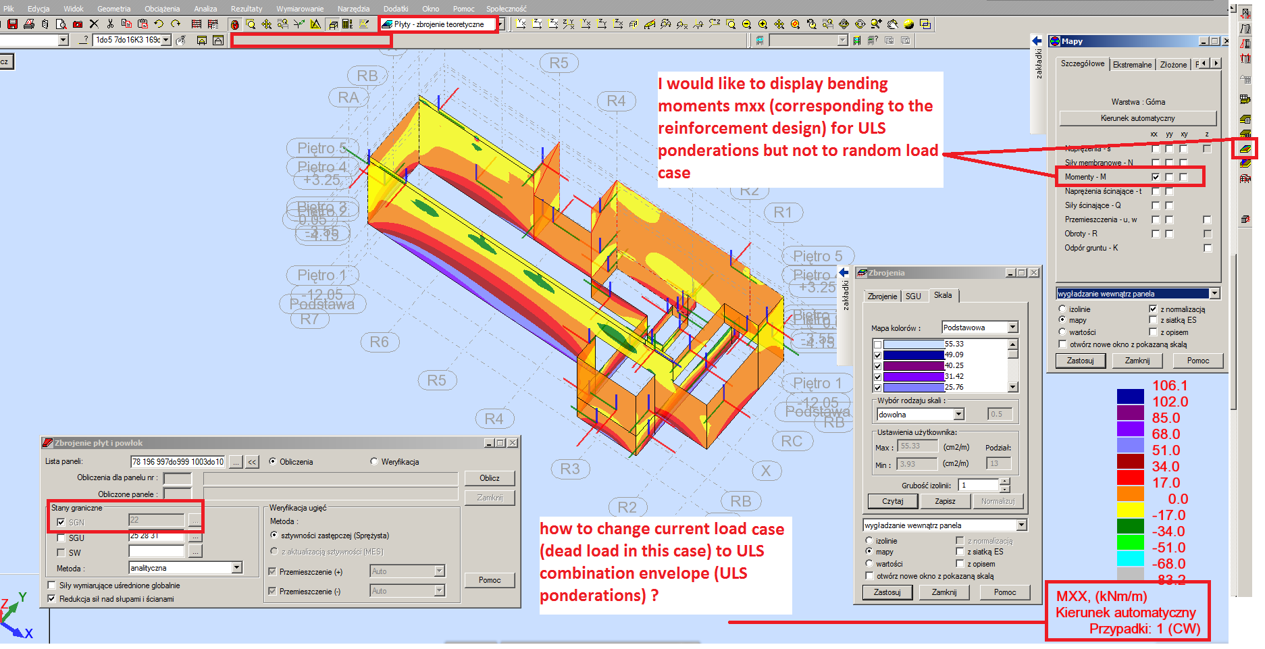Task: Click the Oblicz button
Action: click(489, 478)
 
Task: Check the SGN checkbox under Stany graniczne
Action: click(61, 522)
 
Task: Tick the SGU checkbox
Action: click(61, 538)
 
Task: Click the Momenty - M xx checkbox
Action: click(1156, 177)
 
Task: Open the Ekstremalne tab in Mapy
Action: click(1132, 65)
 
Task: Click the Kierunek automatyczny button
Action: click(1137, 118)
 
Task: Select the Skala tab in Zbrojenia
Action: click(943, 296)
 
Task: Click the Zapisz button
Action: click(944, 501)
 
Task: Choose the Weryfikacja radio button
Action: click(374, 462)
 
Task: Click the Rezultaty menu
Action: click(246, 9)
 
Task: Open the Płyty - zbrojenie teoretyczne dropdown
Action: click(501, 24)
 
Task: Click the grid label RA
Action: click(348, 98)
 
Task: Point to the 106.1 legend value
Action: click(1169, 386)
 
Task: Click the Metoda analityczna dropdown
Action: click(236, 568)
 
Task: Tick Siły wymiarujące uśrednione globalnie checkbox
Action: click(52, 586)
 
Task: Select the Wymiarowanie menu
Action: click(299, 9)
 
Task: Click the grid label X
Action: click(765, 471)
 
